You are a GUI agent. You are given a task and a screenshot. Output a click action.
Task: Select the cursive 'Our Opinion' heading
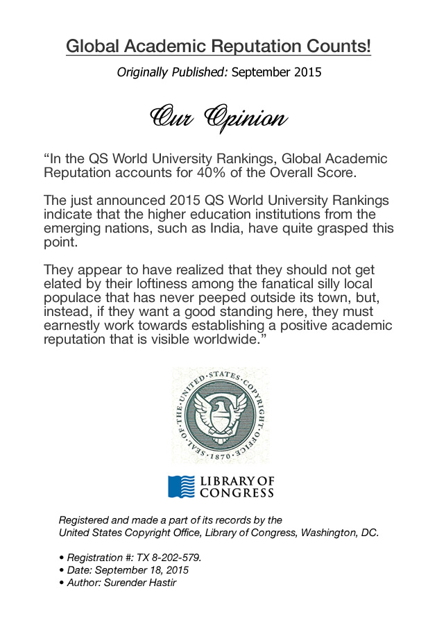click(218, 117)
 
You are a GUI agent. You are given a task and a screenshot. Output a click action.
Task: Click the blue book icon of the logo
click(182, 487)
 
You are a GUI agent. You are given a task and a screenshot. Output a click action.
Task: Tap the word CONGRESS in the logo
click(237, 494)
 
